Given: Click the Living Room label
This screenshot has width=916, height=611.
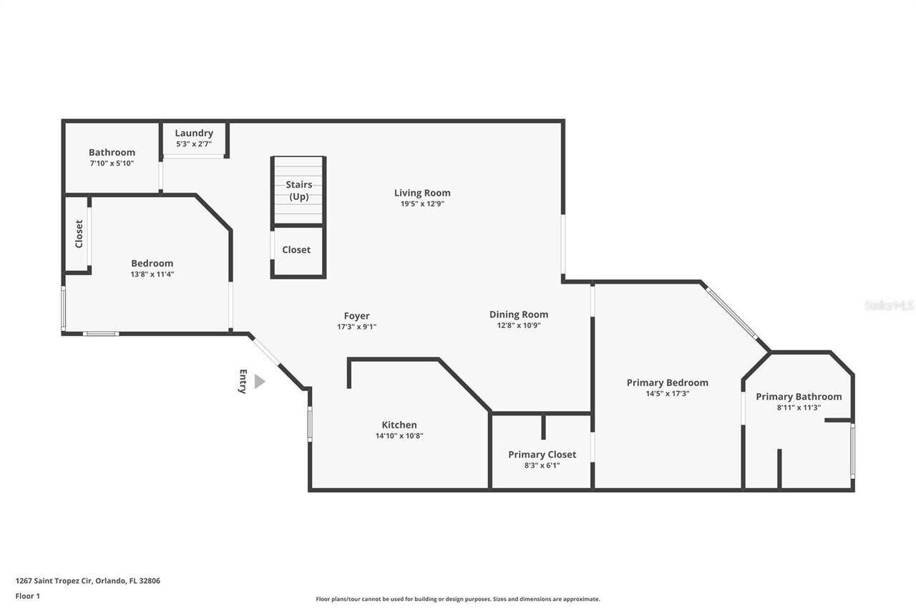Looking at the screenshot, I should point(422,193).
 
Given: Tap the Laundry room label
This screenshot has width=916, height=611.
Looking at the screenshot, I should point(194,133).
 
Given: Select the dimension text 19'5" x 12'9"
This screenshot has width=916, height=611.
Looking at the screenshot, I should point(422,203).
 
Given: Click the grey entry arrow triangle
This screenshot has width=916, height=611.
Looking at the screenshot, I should point(259,382).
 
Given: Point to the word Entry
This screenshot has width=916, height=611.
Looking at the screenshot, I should point(243,381).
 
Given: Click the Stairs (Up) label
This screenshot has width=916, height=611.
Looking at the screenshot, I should point(298,191).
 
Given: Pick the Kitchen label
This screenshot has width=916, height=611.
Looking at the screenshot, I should point(399,425).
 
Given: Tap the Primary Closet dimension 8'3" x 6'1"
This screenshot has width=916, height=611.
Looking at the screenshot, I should point(542,465).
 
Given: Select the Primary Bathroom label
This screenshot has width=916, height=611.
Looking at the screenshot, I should point(799,397).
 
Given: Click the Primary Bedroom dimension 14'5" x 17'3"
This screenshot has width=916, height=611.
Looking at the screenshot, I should point(667,393).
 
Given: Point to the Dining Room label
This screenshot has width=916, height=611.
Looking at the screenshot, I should point(519,314).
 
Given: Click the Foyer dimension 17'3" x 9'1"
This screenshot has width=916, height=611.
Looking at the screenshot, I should point(356,327).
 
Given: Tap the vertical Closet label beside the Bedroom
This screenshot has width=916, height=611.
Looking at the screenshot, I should point(79,234).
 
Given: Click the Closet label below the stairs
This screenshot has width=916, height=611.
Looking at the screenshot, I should point(296,250).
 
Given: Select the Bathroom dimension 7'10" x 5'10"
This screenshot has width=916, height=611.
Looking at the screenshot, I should point(112,163).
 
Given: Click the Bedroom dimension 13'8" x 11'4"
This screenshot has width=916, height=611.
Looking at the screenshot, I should point(152,274).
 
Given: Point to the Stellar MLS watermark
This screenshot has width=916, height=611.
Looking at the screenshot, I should point(889,305).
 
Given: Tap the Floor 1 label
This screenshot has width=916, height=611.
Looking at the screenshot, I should point(28,596).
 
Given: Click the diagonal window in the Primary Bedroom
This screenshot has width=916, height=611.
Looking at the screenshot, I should point(732,313).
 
